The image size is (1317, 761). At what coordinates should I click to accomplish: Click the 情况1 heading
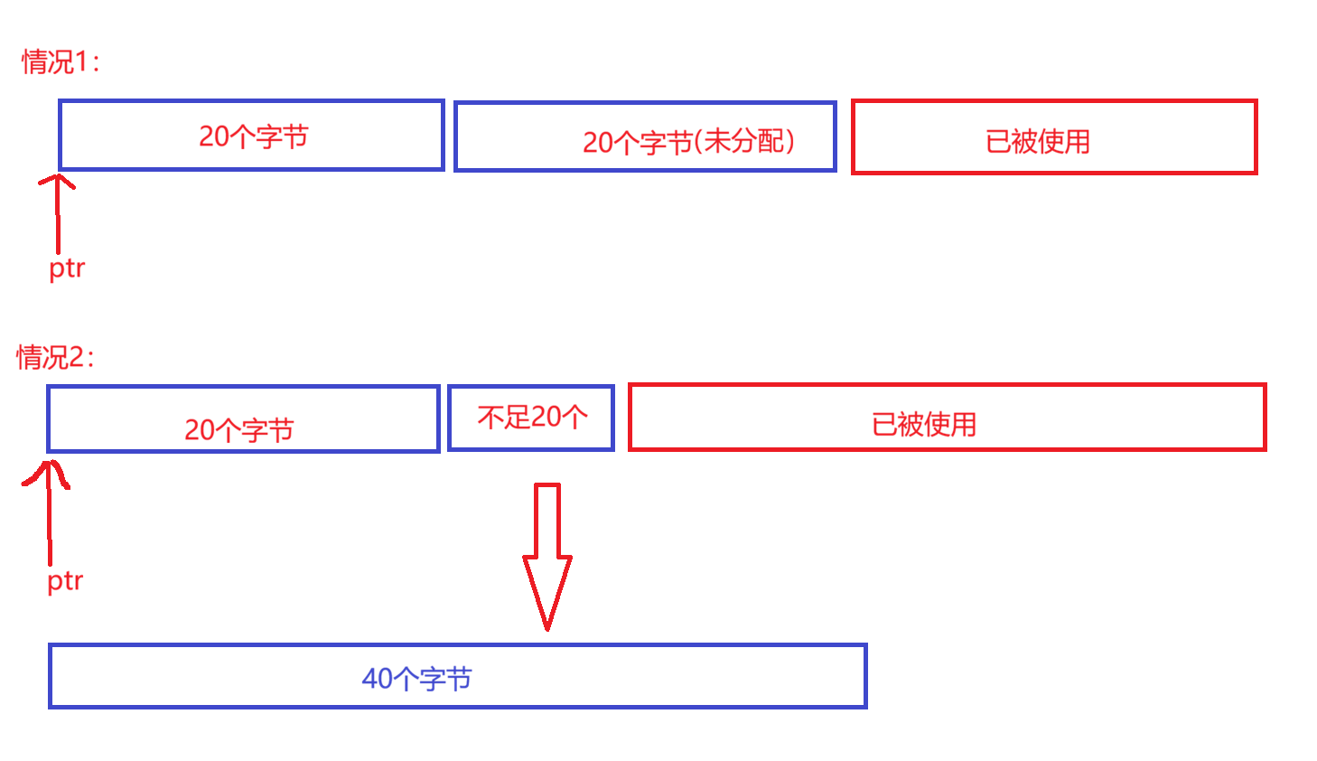[60, 61]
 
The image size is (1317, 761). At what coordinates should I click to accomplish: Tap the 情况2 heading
[54, 357]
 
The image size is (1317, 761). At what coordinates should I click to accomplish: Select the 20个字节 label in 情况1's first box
[254, 136]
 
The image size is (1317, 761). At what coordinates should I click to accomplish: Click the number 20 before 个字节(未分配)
[598, 142]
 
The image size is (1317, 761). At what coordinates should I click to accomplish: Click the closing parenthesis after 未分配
[789, 141]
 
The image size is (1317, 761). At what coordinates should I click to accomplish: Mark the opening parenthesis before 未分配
[698, 142]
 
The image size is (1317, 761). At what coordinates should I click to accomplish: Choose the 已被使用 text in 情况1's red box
[1038, 142]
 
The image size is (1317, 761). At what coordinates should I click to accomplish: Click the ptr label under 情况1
[67, 268]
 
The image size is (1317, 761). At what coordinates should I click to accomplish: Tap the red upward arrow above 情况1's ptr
[58, 212]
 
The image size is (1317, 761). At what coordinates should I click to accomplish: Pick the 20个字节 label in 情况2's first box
[239, 429]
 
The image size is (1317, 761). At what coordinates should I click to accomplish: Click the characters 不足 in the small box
[503, 417]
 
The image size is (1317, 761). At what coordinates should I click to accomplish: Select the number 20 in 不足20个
[546, 417]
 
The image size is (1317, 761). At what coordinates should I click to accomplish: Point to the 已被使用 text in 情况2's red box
[924, 424]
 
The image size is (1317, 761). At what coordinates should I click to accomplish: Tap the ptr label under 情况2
[65, 580]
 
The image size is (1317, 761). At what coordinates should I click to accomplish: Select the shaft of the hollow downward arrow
[547, 520]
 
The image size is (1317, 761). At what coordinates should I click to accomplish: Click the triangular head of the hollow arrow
[547, 587]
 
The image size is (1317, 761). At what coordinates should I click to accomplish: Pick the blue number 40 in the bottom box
[377, 678]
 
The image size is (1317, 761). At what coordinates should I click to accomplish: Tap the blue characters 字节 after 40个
[445, 678]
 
